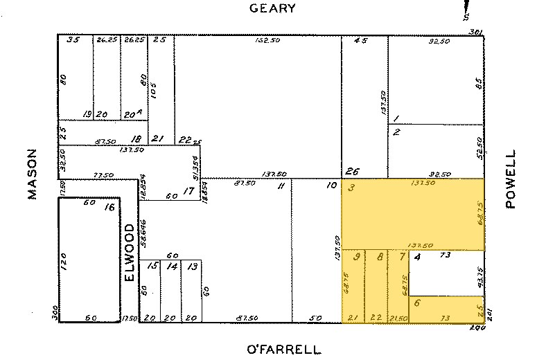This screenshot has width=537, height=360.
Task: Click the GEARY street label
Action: (272, 9)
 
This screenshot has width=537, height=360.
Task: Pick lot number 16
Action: (109, 207)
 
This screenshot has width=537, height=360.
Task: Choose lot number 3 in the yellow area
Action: (353, 188)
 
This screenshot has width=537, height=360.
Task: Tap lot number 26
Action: (353, 172)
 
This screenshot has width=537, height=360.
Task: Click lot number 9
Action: (357, 258)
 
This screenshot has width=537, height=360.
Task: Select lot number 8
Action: (379, 258)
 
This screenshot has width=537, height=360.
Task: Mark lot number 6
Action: (417, 302)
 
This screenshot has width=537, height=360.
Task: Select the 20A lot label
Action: (130, 114)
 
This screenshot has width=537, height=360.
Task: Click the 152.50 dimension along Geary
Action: (258, 40)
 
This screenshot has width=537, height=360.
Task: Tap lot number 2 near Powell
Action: (396, 132)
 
